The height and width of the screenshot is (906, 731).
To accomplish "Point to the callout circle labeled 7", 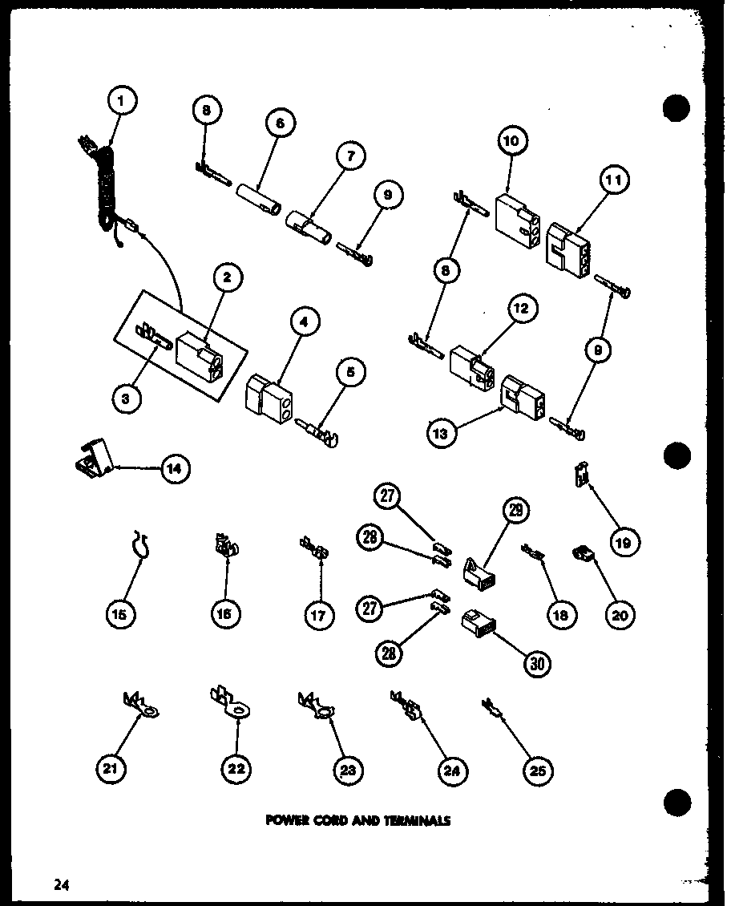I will (x=349, y=156).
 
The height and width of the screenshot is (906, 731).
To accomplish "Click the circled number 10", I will (x=511, y=141).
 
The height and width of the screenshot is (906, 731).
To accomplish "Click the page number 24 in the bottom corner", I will (x=61, y=885).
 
